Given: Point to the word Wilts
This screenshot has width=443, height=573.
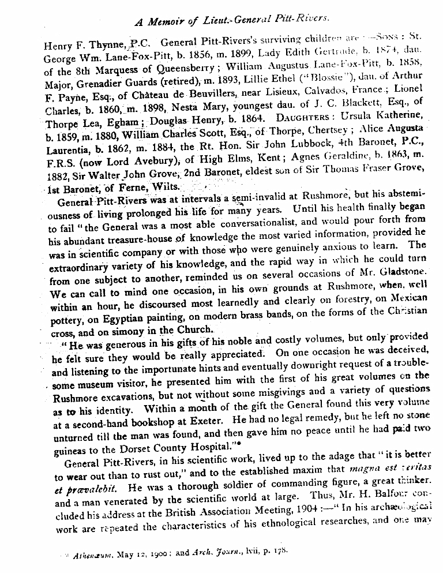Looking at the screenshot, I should tap(165, 187).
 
